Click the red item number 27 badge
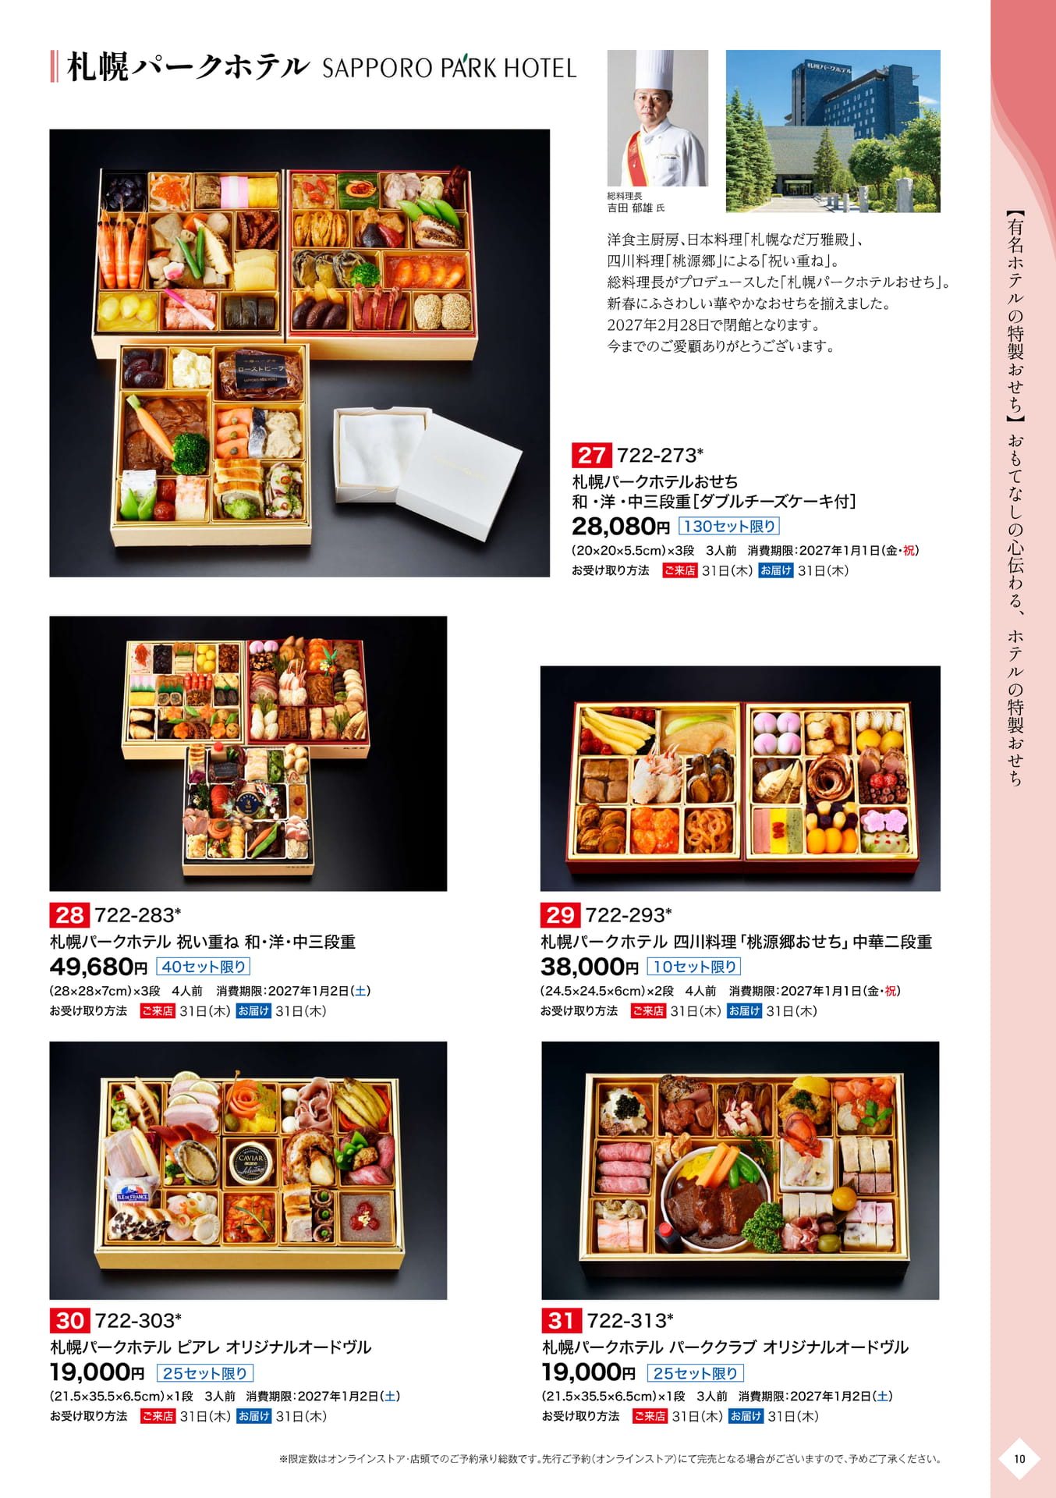click(591, 455)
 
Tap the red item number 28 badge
click(69, 914)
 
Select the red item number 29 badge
click(560, 914)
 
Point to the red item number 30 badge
click(69, 1320)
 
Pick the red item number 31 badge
click(562, 1320)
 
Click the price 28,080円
click(621, 526)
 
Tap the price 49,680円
click(98, 967)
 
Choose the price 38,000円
click(590, 967)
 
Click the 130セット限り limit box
click(729, 526)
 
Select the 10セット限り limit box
click(694, 967)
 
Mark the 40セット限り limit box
click(204, 967)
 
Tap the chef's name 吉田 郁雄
click(629, 208)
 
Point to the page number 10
click(1019, 1459)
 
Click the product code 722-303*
click(138, 1320)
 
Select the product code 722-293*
click(629, 914)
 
